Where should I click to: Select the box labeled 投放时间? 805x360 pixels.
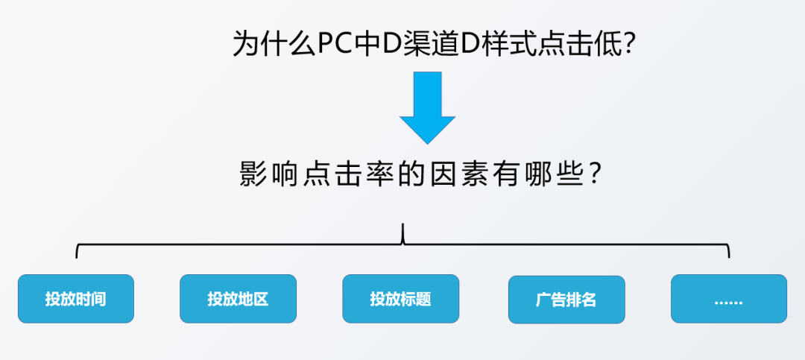click(75, 299)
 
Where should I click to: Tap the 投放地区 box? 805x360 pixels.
click(238, 299)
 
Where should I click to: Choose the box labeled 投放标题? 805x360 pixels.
click(400, 299)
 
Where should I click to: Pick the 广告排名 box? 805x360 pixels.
click(566, 300)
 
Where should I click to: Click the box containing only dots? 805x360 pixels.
click(728, 299)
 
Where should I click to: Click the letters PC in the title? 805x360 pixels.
click(335, 44)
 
